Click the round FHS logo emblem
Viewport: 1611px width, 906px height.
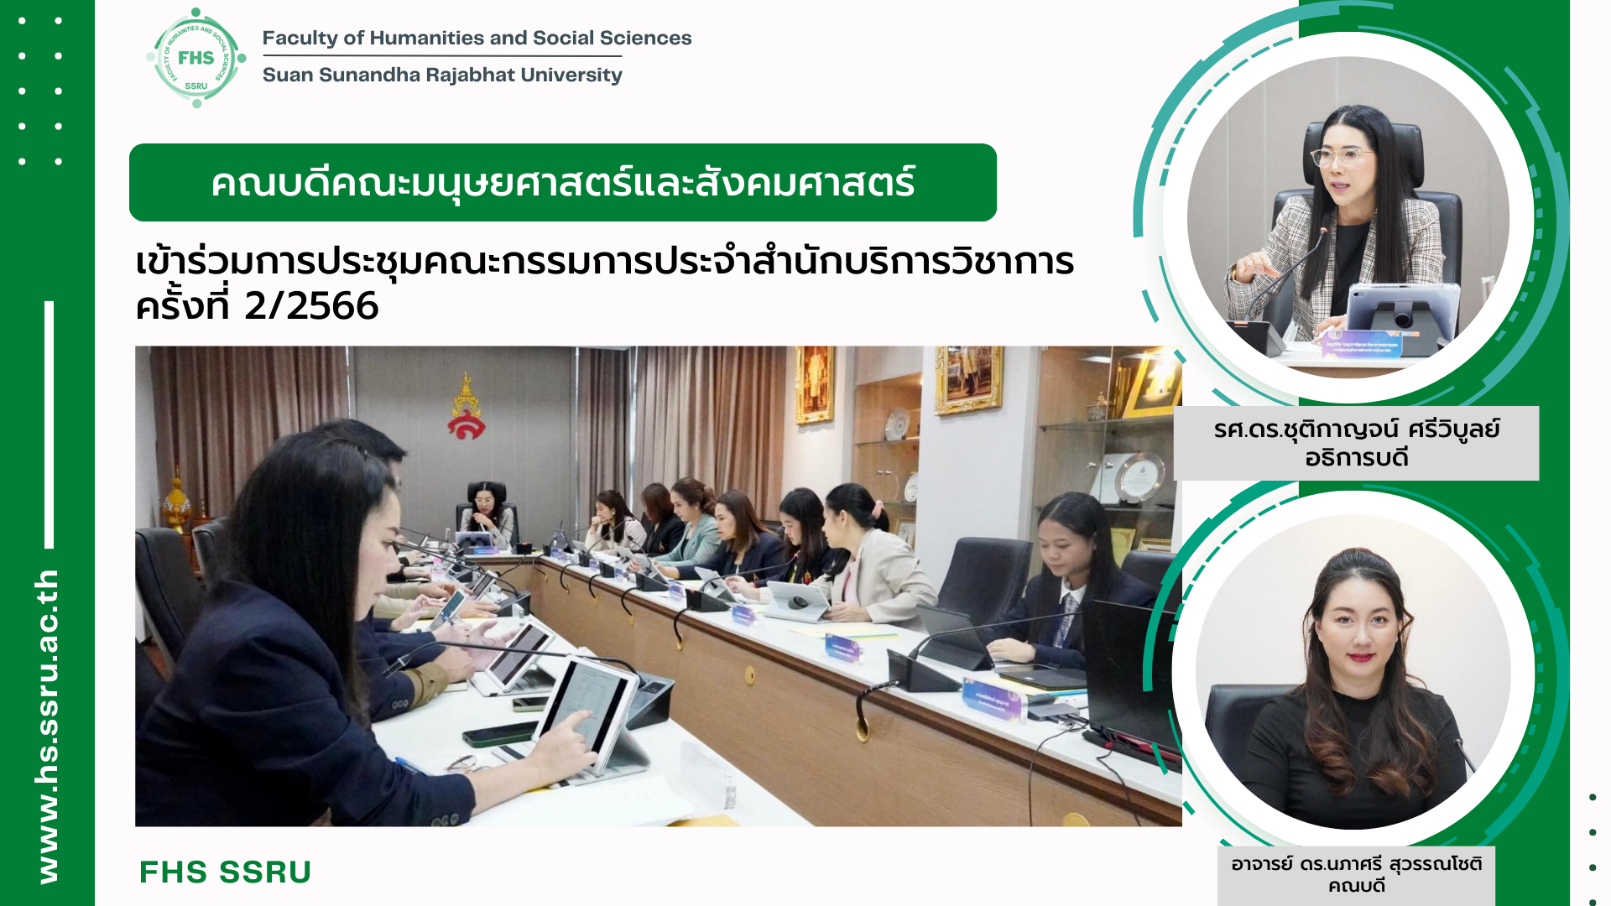point(196,58)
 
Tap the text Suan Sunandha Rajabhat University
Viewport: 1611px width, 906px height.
point(442,75)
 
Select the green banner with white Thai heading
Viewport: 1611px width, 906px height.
point(563,182)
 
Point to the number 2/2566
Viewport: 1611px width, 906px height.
point(311,306)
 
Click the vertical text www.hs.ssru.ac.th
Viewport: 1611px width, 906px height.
point(48,726)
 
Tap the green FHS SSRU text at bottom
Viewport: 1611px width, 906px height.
point(225,872)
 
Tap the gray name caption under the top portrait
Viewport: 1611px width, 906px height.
point(1356,443)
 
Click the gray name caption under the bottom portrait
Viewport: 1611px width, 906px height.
point(1356,875)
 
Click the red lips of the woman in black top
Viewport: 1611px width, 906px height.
point(1361,658)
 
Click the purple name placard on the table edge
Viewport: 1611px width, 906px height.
point(993,700)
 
